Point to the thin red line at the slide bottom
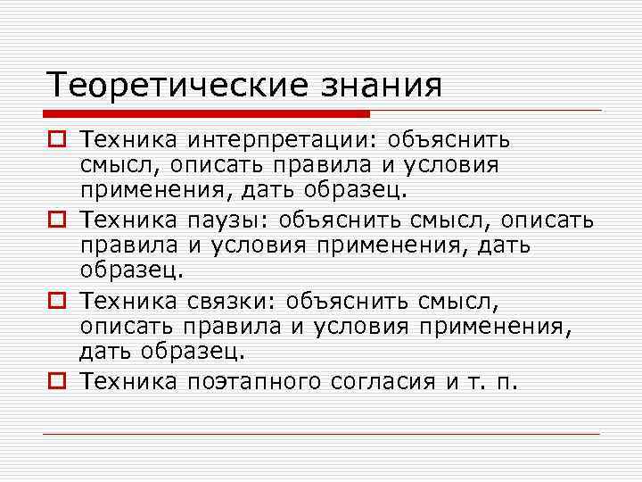tap(321, 434)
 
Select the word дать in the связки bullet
tap(104, 352)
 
